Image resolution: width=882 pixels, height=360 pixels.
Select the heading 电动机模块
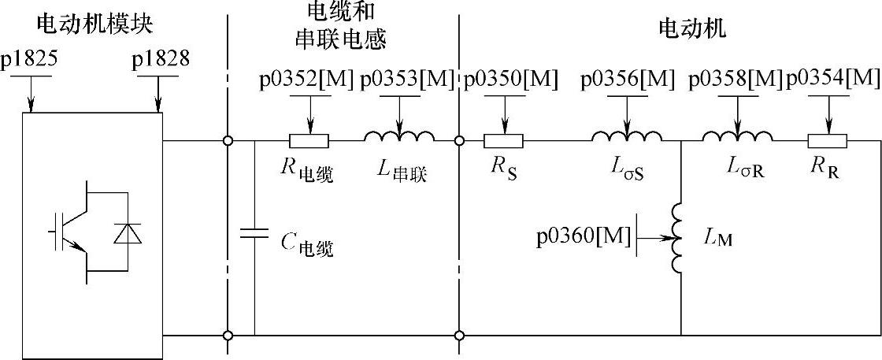pos(94,25)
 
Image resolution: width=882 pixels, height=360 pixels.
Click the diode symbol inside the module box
pos(125,233)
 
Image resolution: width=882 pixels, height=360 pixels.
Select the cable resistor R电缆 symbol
pos(309,142)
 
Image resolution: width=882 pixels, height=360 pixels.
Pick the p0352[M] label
pos(306,79)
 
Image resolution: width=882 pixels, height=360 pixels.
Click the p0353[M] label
pos(407,79)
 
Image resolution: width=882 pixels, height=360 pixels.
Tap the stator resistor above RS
pos(503,142)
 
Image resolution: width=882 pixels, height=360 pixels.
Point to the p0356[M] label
pos(627,79)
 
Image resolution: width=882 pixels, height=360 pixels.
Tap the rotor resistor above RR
pos(827,142)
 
